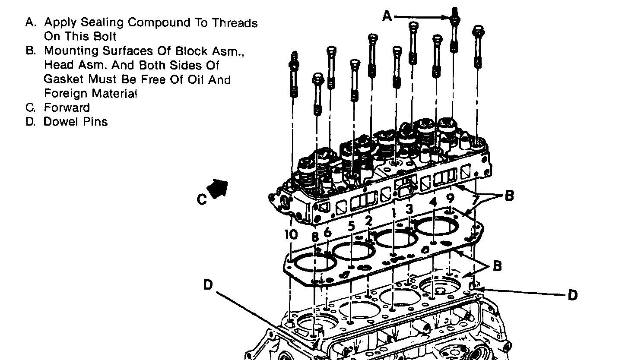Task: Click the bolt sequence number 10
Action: [291, 234]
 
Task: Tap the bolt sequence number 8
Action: [314, 237]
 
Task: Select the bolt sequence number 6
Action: [327, 232]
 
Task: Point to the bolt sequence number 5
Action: [351, 226]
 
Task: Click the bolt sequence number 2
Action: [368, 220]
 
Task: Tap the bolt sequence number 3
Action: [409, 208]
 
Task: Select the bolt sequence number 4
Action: [434, 201]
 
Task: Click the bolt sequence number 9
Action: [450, 198]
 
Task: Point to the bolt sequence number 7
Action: [475, 200]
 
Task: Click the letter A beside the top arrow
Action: [387, 16]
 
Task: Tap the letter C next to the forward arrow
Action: [201, 200]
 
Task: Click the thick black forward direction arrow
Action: [219, 189]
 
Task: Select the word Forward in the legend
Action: [67, 107]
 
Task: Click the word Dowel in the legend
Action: [60, 122]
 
